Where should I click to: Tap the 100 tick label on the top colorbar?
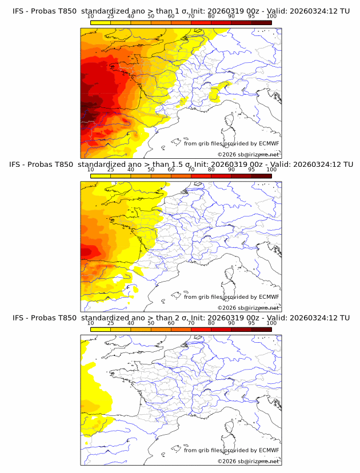pyautogui.click(x=271, y=16)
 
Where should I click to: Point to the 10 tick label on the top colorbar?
pyautogui.click(x=90, y=16)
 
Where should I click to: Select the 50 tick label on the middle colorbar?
pyautogui.click(x=151, y=170)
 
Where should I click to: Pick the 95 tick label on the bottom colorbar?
pyautogui.click(x=251, y=323)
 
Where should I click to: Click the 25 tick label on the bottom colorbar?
pyautogui.click(x=110, y=323)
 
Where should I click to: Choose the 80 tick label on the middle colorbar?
pyautogui.click(x=211, y=170)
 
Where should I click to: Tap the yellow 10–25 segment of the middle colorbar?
pyautogui.click(x=101, y=176)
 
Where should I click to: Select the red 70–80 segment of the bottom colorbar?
pyautogui.click(x=201, y=330)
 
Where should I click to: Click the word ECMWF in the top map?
pyautogui.click(x=269, y=143)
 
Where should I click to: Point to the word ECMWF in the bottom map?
pyautogui.click(x=269, y=451)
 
